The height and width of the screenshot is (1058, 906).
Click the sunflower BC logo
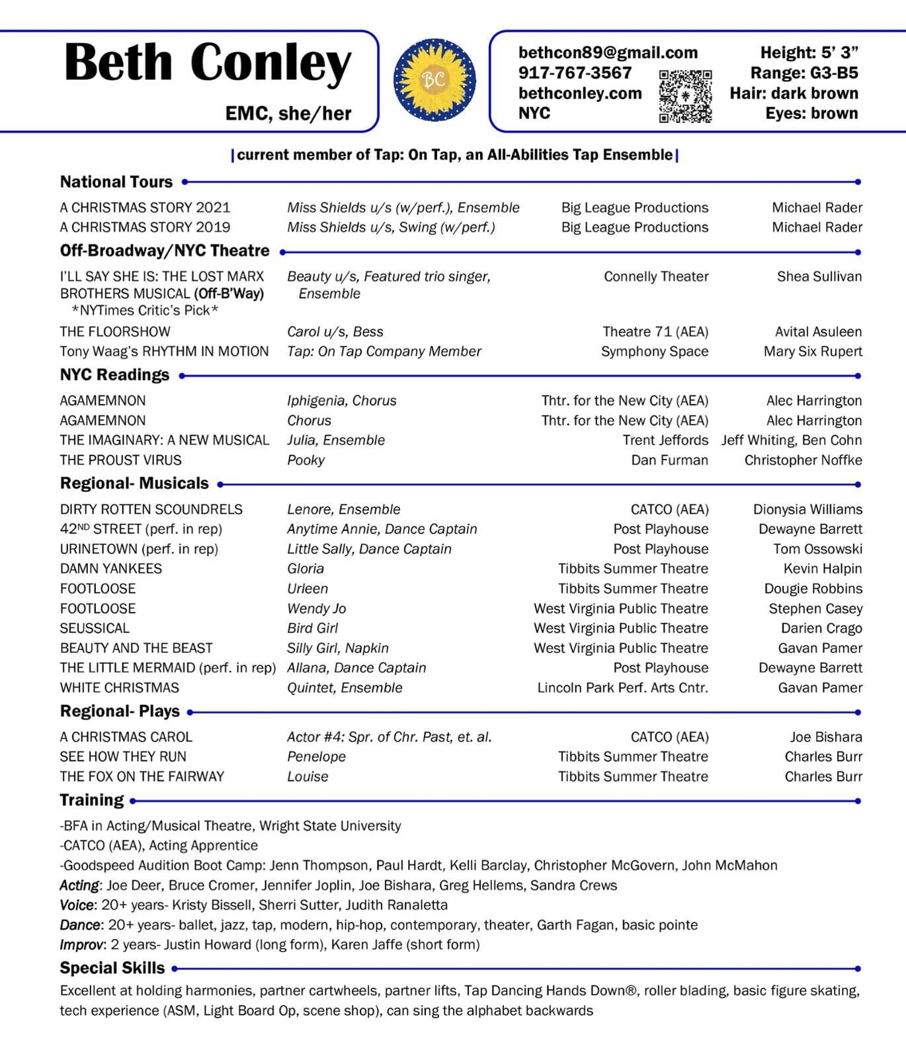click(434, 80)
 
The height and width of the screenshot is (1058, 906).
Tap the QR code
click(685, 97)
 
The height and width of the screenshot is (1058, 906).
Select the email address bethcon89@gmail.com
click(608, 53)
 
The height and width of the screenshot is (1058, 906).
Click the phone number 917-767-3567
click(575, 73)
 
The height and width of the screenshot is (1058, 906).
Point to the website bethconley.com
click(580, 93)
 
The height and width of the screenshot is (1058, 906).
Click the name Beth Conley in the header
click(208, 63)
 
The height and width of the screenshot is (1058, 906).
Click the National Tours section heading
click(116, 182)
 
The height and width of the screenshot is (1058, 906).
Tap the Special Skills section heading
click(112, 968)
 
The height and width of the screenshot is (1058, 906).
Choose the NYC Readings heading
click(114, 375)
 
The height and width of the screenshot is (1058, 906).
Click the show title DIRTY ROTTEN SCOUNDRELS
click(151, 509)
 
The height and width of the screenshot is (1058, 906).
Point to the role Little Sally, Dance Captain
click(369, 549)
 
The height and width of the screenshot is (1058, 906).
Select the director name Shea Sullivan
click(819, 276)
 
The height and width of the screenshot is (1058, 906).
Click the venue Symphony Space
click(655, 351)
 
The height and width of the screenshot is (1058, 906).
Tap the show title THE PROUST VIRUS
click(121, 460)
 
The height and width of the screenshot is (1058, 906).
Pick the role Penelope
click(316, 756)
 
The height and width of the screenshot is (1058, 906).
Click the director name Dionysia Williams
click(807, 509)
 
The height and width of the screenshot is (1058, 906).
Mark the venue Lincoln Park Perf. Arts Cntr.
click(622, 688)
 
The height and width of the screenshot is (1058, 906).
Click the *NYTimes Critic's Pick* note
click(145, 311)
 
